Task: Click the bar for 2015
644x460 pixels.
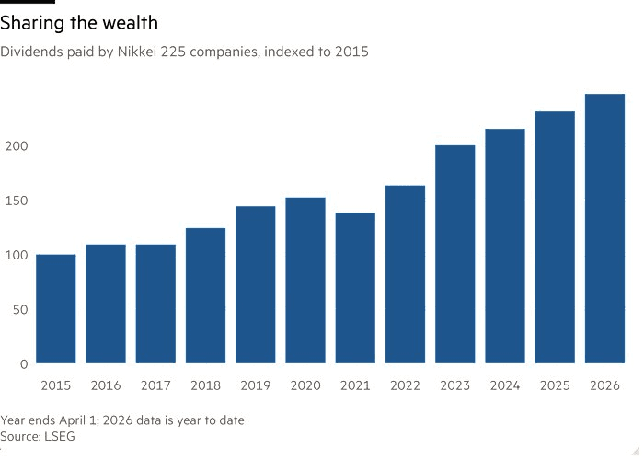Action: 56,309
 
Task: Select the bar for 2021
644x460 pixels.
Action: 355,288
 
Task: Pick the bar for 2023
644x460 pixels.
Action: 454,254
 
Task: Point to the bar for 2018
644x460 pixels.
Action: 205,295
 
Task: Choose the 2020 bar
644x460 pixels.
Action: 305,281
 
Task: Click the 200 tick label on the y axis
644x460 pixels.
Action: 17,146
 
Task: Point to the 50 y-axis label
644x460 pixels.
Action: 20,309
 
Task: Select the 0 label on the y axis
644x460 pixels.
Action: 24,363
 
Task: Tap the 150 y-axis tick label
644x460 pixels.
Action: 17,201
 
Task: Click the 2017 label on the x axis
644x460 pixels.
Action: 155,385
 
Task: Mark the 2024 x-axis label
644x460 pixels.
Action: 504,385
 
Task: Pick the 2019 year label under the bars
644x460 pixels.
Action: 255,385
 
